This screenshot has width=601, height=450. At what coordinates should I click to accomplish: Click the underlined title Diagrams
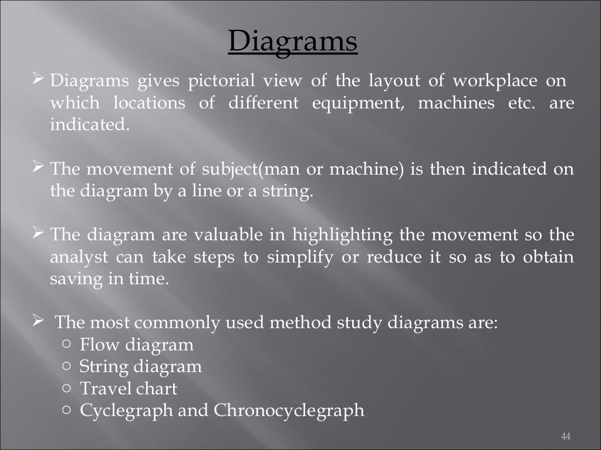(292, 42)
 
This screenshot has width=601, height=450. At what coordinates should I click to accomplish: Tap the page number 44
(566, 437)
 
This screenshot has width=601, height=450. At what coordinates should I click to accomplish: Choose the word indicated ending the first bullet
(88, 125)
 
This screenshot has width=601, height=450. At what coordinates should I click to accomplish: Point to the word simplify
(309, 257)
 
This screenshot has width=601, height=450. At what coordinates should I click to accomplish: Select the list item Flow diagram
(136, 345)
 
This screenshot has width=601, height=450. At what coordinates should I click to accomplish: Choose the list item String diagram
(140, 367)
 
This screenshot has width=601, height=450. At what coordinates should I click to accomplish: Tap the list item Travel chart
(128, 388)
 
